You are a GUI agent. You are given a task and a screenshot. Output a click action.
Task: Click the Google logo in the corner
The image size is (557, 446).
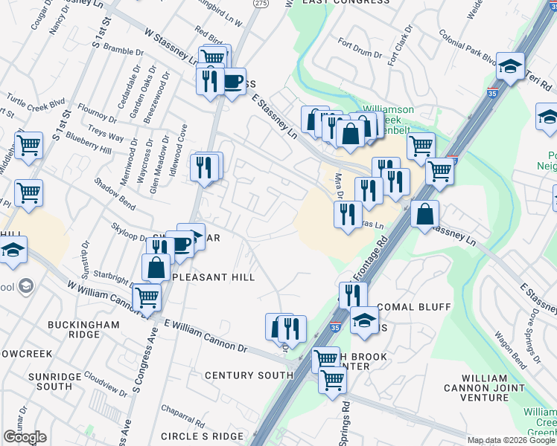click(x=25, y=437)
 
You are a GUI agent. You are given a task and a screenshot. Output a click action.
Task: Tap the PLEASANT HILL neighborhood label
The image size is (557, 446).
click(x=214, y=277)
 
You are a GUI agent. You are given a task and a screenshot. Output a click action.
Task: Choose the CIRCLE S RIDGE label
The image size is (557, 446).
click(x=201, y=436)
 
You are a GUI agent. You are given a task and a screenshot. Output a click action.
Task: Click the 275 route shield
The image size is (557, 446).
click(x=260, y=4)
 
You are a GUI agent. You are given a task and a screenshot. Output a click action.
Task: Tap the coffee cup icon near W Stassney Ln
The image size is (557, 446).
click(x=233, y=81)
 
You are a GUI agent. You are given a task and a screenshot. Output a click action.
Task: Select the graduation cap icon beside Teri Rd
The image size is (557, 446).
click(x=511, y=67)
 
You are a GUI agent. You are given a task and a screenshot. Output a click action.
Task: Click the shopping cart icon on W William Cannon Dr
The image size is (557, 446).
click(x=147, y=297)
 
